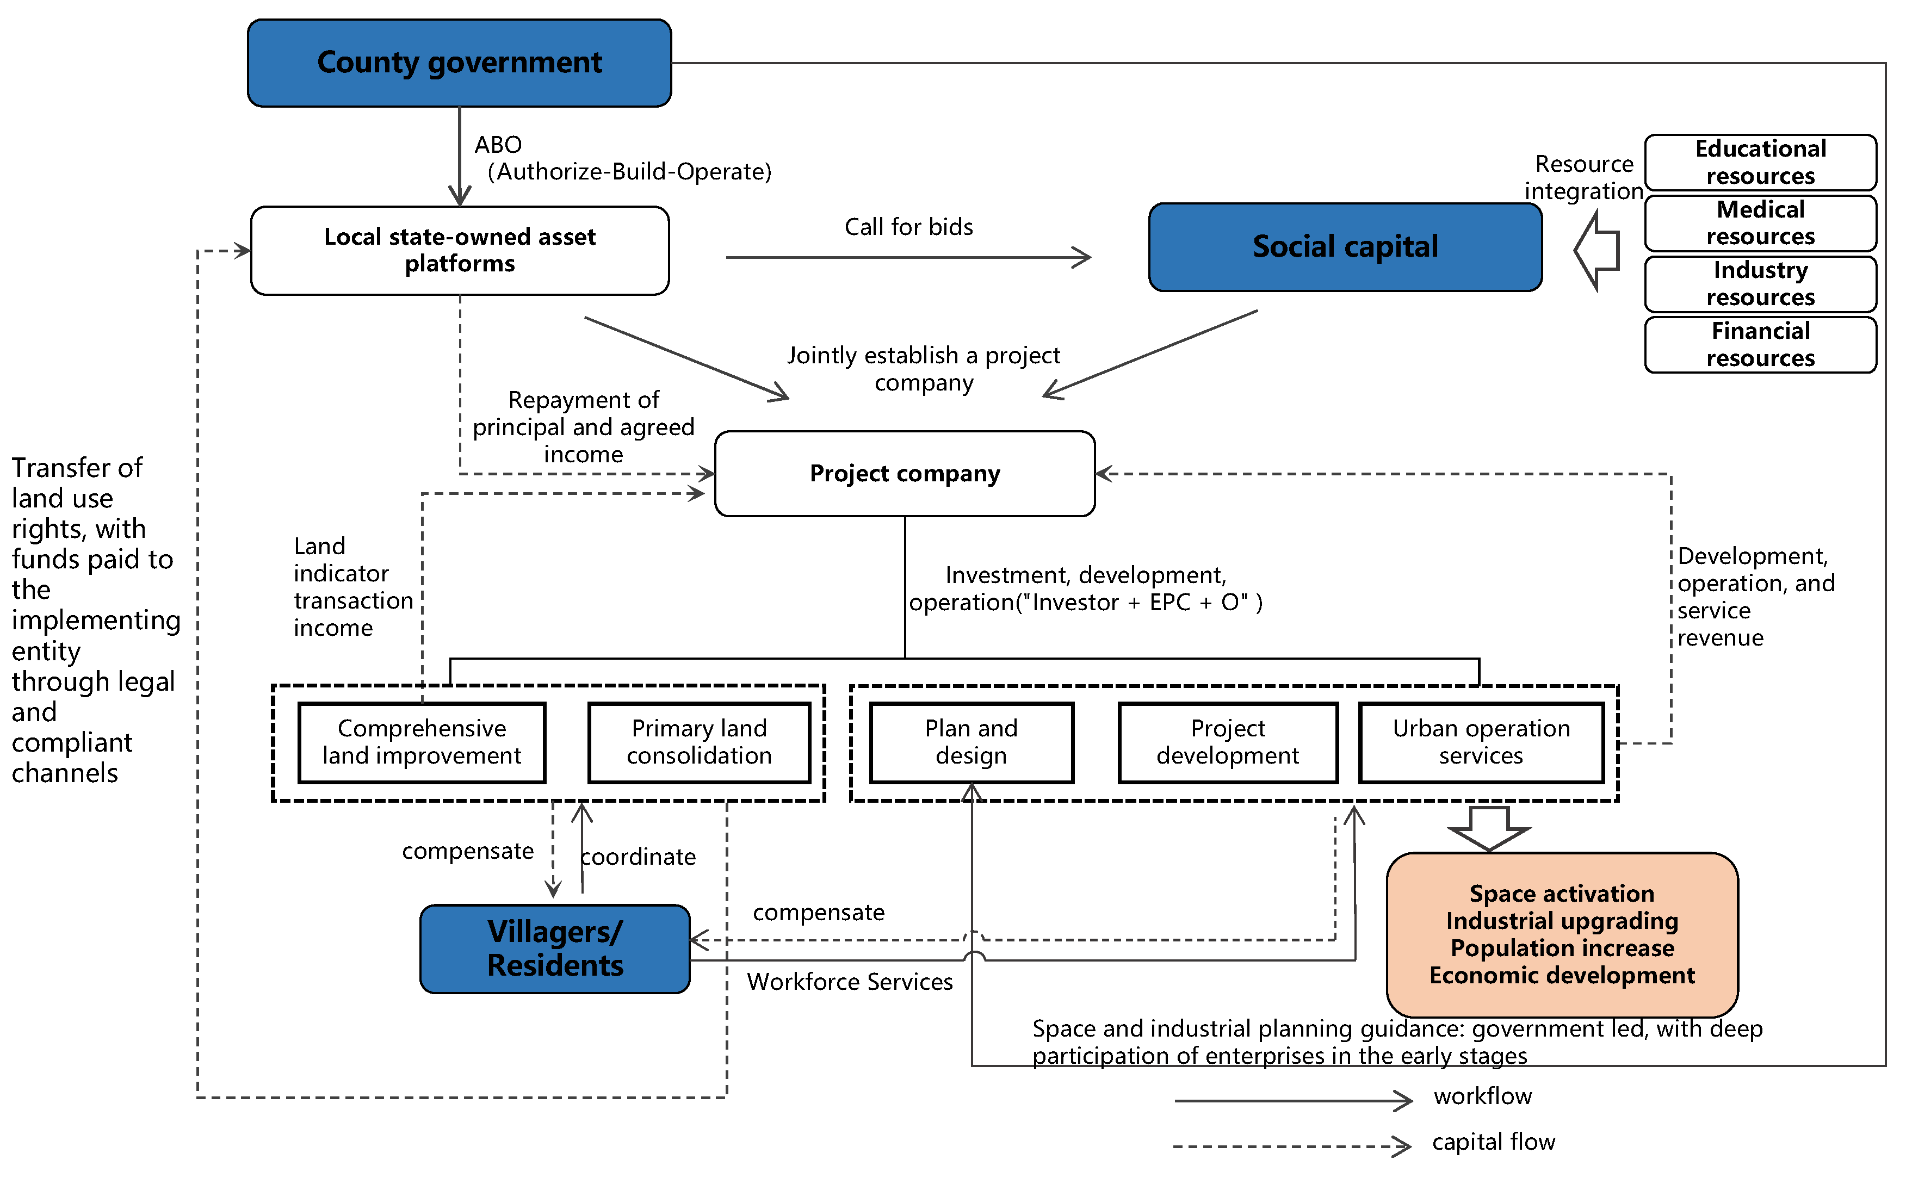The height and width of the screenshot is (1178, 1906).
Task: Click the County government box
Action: coord(459,63)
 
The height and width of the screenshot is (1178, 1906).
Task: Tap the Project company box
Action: coord(904,473)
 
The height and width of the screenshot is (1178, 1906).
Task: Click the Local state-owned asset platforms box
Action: coord(459,250)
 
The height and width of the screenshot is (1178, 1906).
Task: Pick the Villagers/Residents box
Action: coord(554,948)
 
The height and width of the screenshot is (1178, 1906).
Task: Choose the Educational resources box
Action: coord(1760,162)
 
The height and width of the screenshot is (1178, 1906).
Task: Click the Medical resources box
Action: coord(1760,223)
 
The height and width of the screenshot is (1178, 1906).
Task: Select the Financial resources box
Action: coord(1760,344)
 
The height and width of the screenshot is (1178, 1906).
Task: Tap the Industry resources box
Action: coord(1760,283)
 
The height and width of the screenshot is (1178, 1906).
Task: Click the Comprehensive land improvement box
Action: coord(422,742)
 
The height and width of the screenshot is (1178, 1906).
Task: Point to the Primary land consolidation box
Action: coord(699,742)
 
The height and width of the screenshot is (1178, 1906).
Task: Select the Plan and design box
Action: coord(971,742)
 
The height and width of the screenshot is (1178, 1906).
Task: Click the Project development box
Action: coord(1227,742)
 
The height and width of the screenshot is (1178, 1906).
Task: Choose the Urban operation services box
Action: coord(1481,742)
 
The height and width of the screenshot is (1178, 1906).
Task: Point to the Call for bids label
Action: coord(908,227)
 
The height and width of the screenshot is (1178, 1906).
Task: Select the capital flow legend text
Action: coord(1493,1142)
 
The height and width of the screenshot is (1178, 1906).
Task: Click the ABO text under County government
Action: coord(498,145)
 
